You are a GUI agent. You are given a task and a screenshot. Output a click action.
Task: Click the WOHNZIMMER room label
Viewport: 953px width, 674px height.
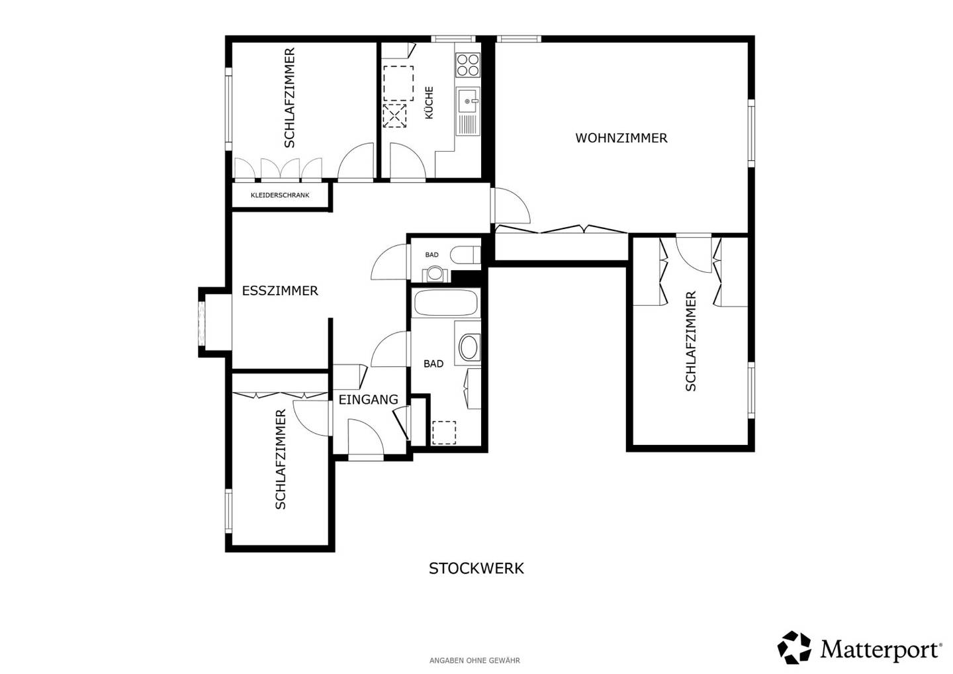click(621, 138)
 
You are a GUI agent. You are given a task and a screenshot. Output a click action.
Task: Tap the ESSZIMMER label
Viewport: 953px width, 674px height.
click(280, 291)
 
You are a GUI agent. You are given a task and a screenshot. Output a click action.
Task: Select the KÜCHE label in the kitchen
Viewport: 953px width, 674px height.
click(429, 103)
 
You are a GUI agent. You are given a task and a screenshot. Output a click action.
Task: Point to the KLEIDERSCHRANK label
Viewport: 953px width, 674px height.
click(280, 195)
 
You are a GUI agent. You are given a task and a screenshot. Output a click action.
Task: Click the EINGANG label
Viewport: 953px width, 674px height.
click(369, 399)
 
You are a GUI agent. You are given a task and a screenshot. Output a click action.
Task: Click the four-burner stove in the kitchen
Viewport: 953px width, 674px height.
click(468, 65)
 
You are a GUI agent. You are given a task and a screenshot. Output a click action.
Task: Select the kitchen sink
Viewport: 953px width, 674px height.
click(468, 111)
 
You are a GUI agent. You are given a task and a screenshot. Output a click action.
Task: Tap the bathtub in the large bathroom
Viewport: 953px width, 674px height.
click(446, 303)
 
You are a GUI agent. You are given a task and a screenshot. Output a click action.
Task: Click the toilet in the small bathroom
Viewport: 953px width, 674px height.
click(465, 256)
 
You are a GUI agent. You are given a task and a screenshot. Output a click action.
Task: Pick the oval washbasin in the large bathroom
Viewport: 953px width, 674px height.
click(469, 347)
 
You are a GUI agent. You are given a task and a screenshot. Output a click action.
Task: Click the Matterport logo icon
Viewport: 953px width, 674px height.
click(794, 648)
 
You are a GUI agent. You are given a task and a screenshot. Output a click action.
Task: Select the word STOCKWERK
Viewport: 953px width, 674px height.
click(476, 569)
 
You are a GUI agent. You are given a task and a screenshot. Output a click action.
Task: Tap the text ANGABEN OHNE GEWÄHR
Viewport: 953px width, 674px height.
click(475, 660)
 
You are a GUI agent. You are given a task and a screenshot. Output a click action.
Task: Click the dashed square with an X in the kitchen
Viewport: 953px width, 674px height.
click(395, 116)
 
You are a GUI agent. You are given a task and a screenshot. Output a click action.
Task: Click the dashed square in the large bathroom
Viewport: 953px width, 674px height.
click(444, 433)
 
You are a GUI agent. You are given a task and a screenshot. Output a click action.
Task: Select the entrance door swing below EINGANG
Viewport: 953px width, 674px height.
click(366, 438)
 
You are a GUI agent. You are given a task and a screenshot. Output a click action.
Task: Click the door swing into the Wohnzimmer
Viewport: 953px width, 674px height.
click(510, 205)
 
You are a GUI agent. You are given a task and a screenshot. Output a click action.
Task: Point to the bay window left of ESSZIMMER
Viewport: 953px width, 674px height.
click(202, 322)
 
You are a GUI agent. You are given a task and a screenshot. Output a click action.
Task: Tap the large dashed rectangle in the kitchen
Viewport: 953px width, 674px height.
click(398, 83)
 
